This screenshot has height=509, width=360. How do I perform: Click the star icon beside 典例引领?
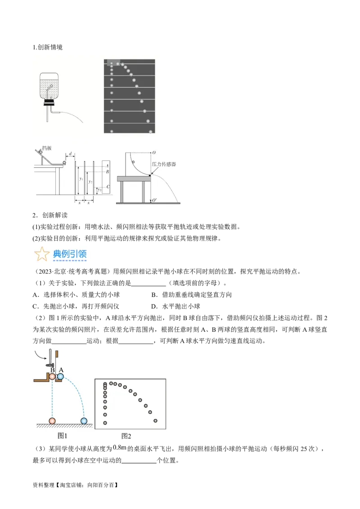click(x=42, y=254)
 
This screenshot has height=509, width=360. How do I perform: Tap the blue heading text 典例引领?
click(x=70, y=254)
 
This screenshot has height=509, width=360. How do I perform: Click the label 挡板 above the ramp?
click(x=47, y=148)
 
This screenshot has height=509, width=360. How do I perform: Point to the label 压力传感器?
click(x=164, y=164)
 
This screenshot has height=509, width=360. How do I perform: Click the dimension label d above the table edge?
click(x=70, y=153)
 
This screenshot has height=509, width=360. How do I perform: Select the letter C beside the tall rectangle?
click(x=108, y=187)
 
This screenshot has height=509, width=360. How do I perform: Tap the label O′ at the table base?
click(x=154, y=200)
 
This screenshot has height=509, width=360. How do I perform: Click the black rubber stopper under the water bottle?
click(x=49, y=102)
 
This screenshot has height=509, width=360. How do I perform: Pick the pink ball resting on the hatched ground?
click(x=52, y=421)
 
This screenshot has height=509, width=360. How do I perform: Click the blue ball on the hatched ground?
click(x=84, y=421)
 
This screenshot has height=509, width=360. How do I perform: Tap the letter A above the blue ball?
click(x=61, y=370)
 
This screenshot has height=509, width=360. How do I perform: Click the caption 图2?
click(x=126, y=436)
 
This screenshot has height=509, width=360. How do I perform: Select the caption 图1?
click(x=63, y=436)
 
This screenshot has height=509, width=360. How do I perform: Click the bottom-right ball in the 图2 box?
click(x=155, y=421)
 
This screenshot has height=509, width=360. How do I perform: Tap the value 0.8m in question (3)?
click(x=120, y=448)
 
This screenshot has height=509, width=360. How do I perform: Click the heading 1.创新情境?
click(x=47, y=47)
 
